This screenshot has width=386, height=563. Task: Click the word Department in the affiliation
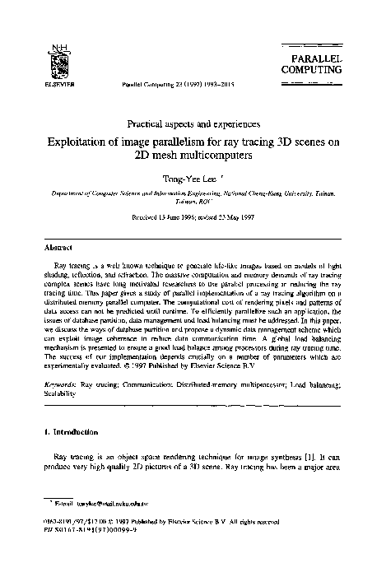[63, 190]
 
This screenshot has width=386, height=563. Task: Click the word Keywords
[62, 384]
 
